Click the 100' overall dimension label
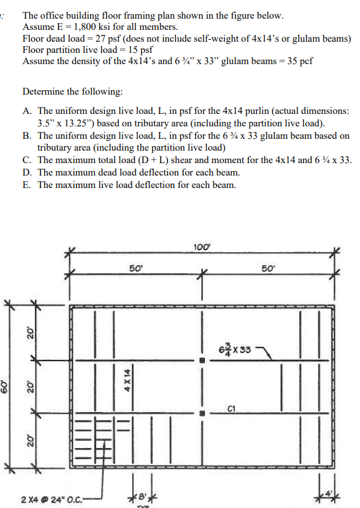[x=202, y=248]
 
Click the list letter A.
[x=26, y=110]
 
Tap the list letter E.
[x=26, y=185]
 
